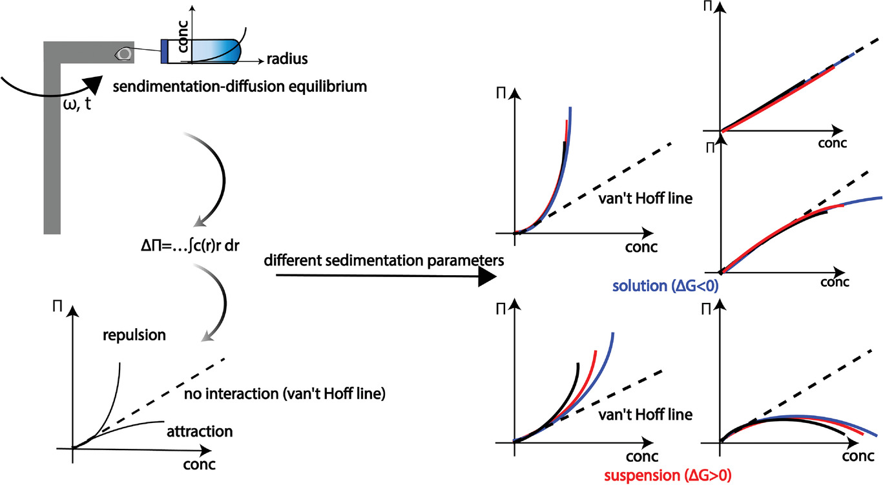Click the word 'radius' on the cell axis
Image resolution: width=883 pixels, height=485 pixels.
pyautogui.click(x=287, y=59)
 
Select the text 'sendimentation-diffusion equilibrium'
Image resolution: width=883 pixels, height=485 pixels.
pyautogui.click(x=240, y=85)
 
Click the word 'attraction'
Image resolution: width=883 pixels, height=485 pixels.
pyautogui.click(x=200, y=430)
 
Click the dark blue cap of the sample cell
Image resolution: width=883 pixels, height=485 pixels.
pyautogui.click(x=164, y=51)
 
